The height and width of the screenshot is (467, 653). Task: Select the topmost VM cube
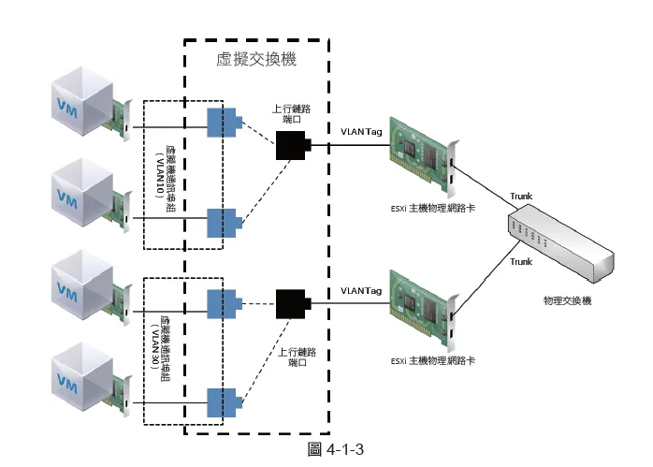pos(80,102)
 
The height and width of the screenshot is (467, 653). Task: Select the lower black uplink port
pos(293,302)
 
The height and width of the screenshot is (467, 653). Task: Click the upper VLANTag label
pos(361,134)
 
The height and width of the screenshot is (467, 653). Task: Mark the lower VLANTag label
pos(361,290)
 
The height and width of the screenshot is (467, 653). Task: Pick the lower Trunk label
pos(521,262)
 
